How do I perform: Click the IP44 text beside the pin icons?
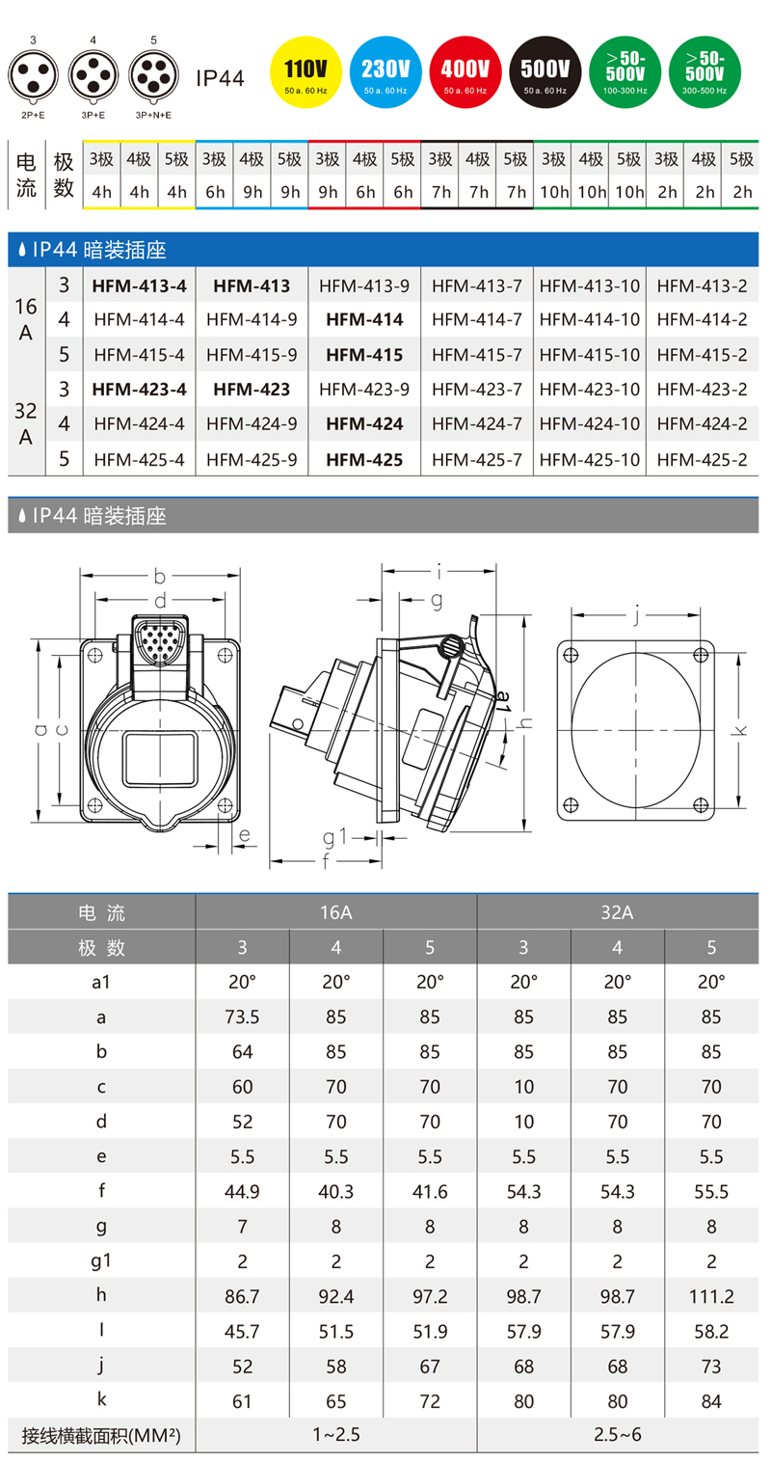[220, 77]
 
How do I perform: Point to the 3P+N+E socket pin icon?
[153, 74]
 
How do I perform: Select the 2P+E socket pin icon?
[33, 74]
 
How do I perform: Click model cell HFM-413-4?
[139, 285]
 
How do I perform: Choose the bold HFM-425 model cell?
[364, 460]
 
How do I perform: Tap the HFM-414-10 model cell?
[589, 320]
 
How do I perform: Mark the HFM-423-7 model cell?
[476, 390]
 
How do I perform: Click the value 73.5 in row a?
[242, 1016]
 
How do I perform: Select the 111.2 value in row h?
[711, 1295]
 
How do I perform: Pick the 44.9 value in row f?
[242, 1191]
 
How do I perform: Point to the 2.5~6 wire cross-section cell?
[617, 1434]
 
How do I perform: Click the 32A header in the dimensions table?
[617, 912]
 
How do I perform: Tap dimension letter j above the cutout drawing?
[637, 611]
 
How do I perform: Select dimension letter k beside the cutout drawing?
[739, 730]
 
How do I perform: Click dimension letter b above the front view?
[159, 577]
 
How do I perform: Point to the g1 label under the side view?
[333, 835]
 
